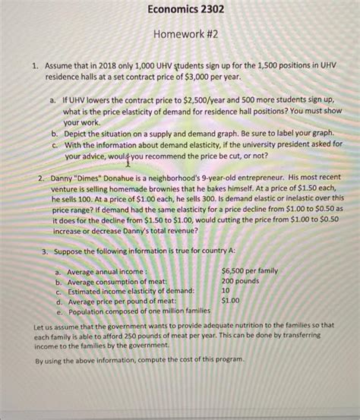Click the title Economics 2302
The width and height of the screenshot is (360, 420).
[x=179, y=11]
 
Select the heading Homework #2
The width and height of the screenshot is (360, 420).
[x=179, y=37]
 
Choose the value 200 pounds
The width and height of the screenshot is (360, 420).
[x=242, y=279]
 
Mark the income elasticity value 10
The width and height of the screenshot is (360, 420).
[x=226, y=289]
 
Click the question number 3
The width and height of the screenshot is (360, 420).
[x=45, y=249]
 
